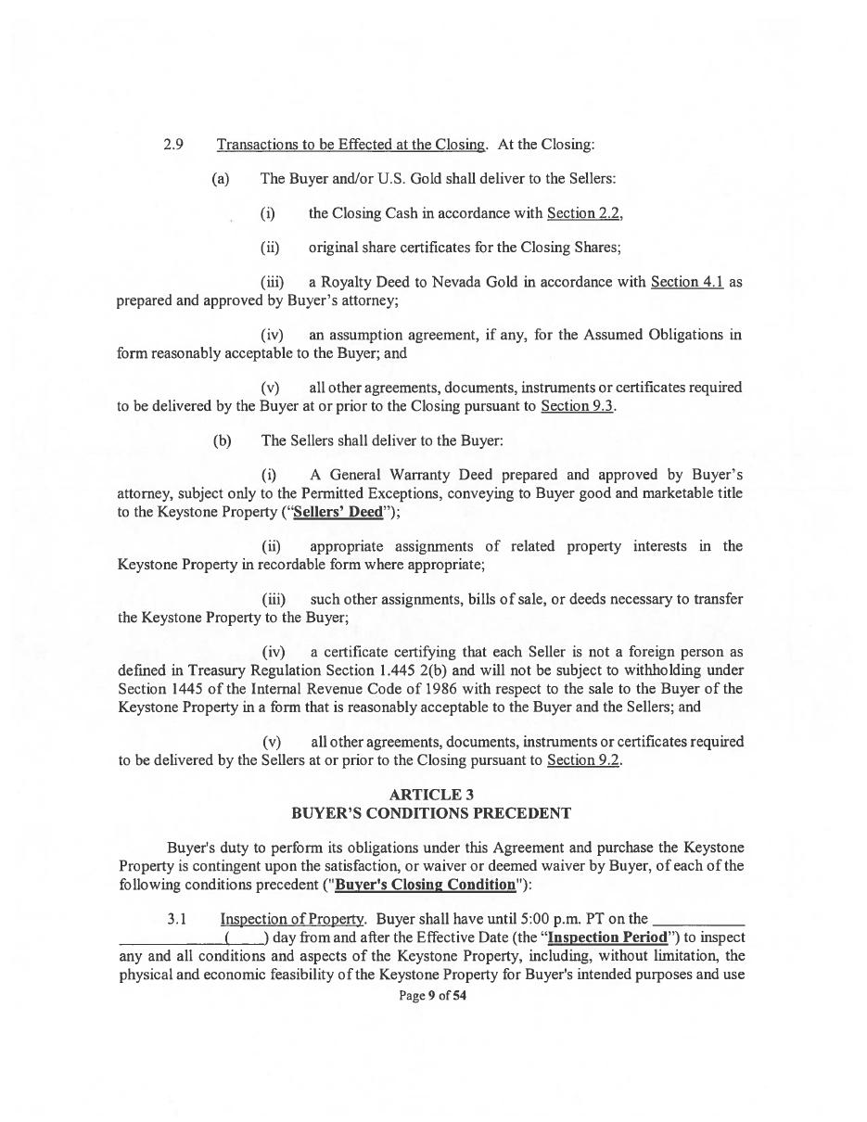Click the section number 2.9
pos(173,145)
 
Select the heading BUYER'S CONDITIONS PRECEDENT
pos(431,813)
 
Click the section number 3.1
pos(177,920)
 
